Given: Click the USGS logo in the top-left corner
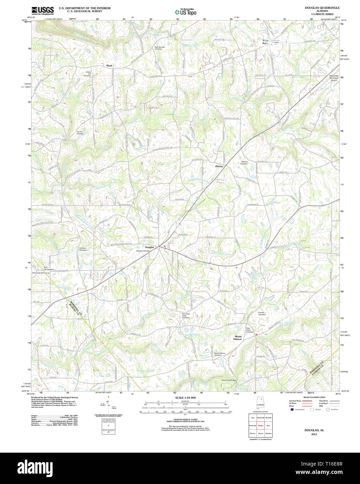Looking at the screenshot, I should [x=42, y=10].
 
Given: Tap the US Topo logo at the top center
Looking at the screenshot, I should [x=185, y=12].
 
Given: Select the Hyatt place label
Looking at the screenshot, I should [x=110, y=65].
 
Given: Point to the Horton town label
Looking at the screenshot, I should [x=219, y=166].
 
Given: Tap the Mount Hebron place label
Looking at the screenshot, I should [x=238, y=338].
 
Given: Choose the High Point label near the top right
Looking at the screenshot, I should [x=266, y=42].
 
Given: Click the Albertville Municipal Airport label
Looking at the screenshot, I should [x=334, y=78].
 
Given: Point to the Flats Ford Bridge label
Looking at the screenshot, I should [x=228, y=380].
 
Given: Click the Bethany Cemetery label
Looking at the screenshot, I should [x=244, y=163].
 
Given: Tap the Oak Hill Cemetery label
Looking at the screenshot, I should [x=80, y=133].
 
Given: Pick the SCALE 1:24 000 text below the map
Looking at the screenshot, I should [x=185, y=398].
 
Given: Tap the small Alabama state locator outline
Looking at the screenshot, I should [x=260, y=405].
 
